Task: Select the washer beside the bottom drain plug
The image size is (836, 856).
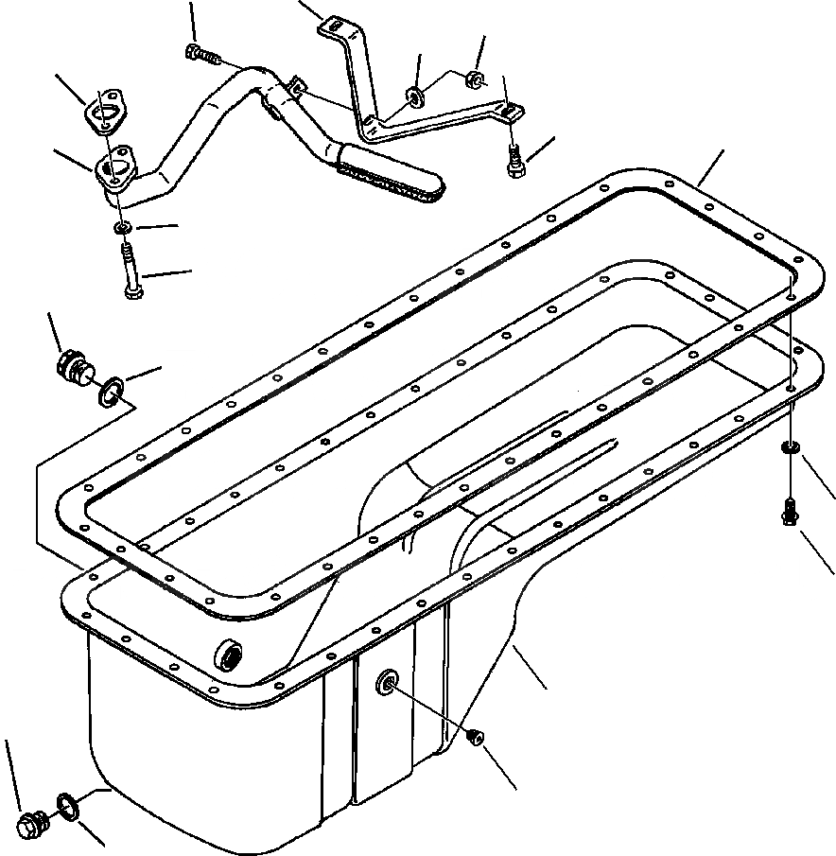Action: (68, 805)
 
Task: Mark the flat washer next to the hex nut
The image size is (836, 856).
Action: (414, 95)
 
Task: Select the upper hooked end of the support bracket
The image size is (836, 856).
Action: (333, 26)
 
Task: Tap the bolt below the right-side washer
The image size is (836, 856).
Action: (789, 512)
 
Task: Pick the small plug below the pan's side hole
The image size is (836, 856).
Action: (476, 738)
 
